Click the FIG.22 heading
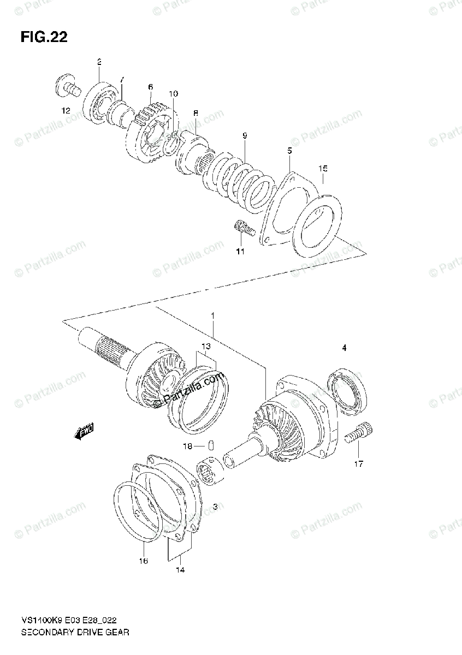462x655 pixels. (44, 37)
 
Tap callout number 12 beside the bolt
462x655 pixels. (66, 111)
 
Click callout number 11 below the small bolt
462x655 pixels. (240, 252)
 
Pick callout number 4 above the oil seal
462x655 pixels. (344, 347)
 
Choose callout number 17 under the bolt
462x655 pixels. (358, 465)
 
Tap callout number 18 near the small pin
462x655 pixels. (187, 446)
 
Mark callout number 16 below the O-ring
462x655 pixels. (144, 561)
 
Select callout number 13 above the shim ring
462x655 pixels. (205, 347)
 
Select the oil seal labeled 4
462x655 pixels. (347, 389)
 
